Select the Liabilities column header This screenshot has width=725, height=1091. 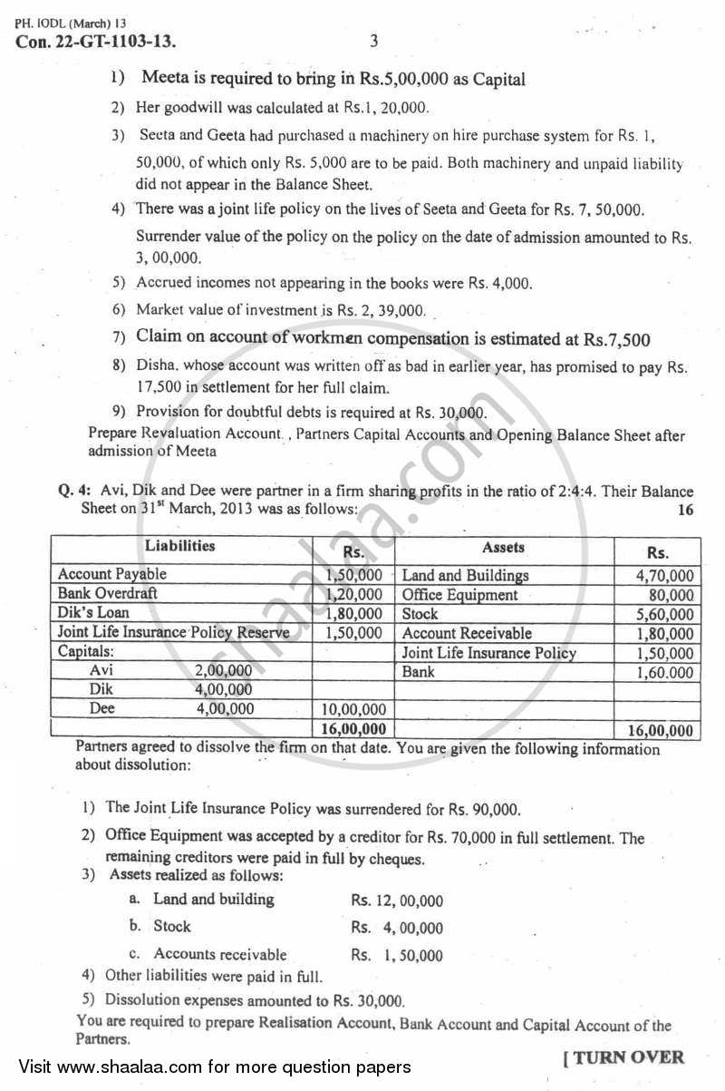pos(179,546)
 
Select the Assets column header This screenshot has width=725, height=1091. pos(503,547)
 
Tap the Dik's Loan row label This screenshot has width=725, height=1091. pos(93,613)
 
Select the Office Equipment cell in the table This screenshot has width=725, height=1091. pos(459,595)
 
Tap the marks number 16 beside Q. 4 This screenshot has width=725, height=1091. pos(685,510)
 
